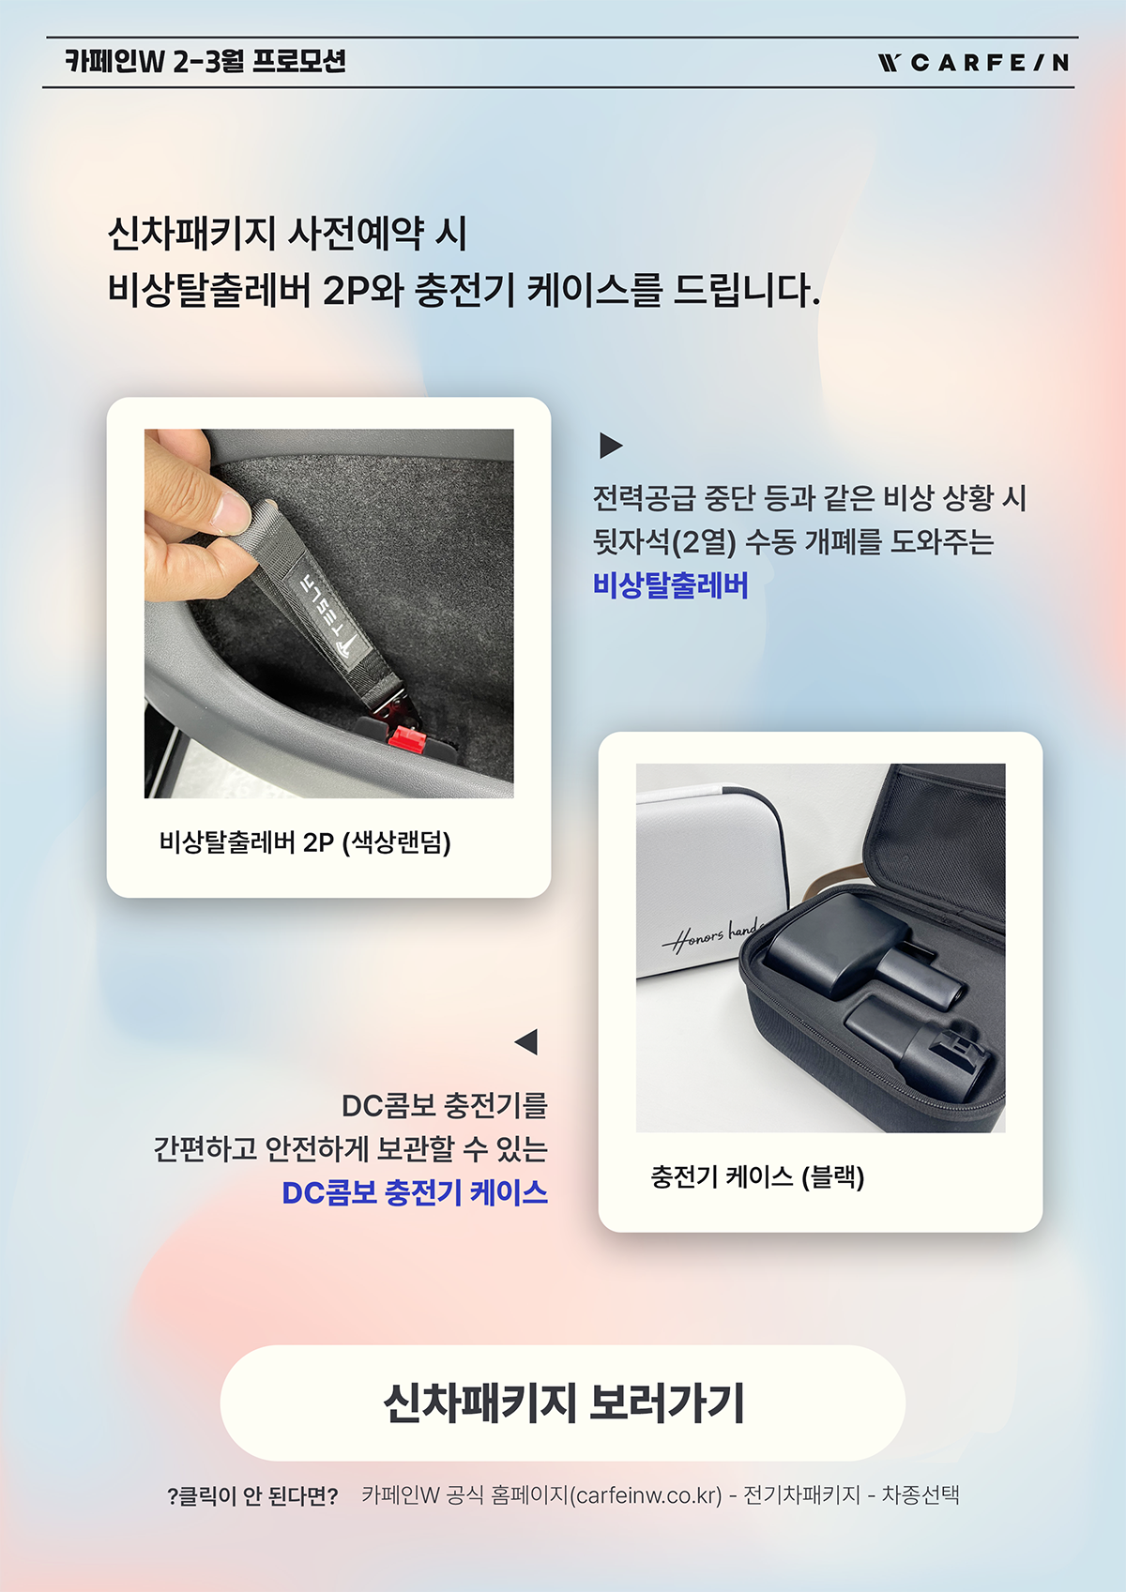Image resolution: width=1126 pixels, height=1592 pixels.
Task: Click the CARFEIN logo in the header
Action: click(x=973, y=63)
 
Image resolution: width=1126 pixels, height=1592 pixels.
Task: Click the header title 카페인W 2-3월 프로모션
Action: click(x=205, y=61)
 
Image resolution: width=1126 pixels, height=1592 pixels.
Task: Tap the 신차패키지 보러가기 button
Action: click(x=562, y=1402)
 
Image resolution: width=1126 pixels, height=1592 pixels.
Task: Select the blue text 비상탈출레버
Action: click(x=670, y=586)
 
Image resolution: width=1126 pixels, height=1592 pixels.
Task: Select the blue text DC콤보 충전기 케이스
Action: click(x=415, y=1192)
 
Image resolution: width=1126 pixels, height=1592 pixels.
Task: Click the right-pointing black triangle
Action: click(x=610, y=445)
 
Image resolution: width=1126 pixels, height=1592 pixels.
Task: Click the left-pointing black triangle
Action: click(x=526, y=1042)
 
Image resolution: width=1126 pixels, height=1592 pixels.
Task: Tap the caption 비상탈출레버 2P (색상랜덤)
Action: click(x=305, y=843)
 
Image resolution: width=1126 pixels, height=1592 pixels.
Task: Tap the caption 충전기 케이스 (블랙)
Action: click(x=757, y=1177)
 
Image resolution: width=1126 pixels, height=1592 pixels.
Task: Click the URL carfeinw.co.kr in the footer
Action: click(x=648, y=1495)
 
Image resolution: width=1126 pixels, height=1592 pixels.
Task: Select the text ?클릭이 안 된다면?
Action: click(x=252, y=1496)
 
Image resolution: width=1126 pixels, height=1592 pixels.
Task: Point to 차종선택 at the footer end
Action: click(x=921, y=1495)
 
